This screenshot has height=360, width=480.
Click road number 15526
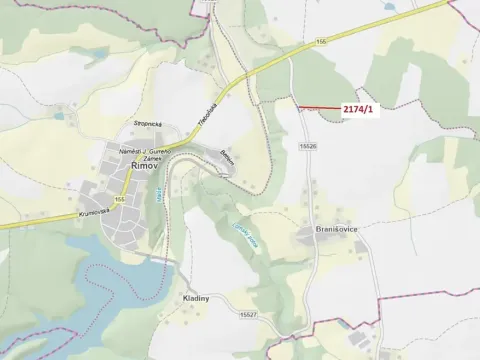tap(307, 146)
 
